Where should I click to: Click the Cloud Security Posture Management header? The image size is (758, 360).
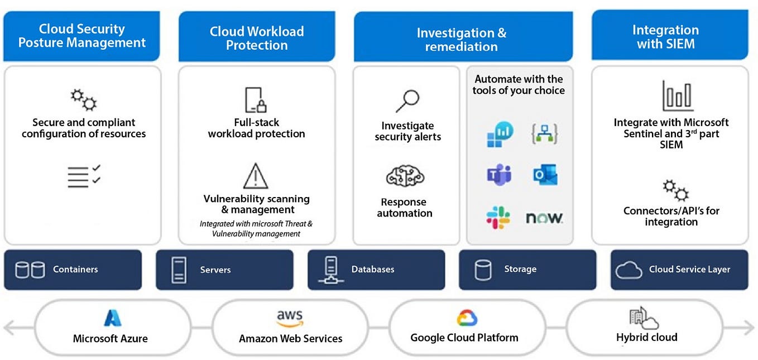pos(82,36)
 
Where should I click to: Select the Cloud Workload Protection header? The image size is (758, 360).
pos(257,38)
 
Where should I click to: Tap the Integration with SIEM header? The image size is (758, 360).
pos(665,37)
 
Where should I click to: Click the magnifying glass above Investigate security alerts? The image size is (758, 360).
pos(407,101)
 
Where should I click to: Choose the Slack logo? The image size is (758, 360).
pos(498,217)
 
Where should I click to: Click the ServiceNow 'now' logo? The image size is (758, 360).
pos(544,218)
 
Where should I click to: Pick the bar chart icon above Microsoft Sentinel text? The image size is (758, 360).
pos(677,95)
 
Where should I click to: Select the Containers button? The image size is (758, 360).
pos(73,270)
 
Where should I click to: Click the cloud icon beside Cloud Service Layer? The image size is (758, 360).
pos(629,270)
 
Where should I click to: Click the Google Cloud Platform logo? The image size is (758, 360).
pos(467,319)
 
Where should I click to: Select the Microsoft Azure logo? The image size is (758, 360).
pos(112,319)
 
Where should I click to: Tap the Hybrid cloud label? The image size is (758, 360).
pos(646,338)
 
